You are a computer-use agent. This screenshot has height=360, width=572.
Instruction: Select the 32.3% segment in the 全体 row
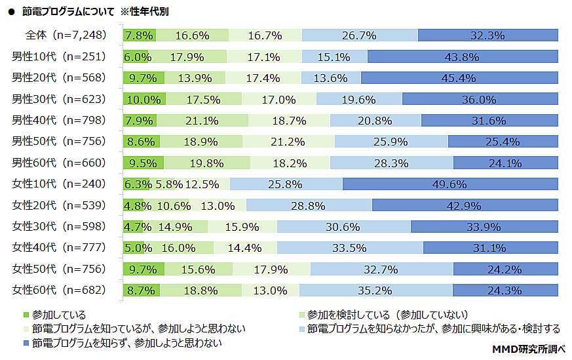pos(487,35)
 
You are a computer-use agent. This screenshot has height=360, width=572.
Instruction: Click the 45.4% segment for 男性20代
pos(459,78)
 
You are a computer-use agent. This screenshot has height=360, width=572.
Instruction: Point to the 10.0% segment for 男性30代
pos(144,100)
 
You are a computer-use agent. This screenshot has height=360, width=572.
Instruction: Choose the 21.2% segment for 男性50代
pos(288,142)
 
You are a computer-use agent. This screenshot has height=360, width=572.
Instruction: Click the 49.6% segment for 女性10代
pos(449,184)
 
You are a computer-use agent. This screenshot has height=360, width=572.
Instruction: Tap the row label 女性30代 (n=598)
pos(58,226)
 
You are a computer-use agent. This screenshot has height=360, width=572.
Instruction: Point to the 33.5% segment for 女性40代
pos(349,248)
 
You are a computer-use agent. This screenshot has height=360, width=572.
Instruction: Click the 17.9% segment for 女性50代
pos(271,269)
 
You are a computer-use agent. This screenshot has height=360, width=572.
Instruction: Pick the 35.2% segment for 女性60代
pos(375,290)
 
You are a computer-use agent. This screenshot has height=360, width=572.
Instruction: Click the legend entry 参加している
pos(59,315)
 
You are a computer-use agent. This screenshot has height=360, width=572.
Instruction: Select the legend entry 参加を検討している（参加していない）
pos(387,315)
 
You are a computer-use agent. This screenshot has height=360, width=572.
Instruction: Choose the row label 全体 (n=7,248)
pos(66,35)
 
